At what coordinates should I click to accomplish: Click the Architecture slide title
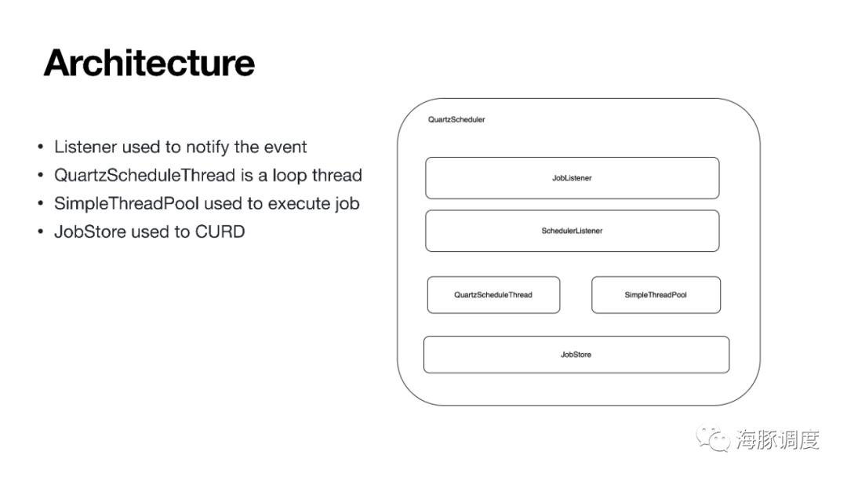pos(149,63)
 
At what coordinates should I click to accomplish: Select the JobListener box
pos(572,178)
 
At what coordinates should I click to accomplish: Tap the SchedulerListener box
pos(572,231)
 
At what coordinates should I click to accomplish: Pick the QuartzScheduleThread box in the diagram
pos(493,295)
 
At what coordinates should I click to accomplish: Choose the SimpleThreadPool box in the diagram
pos(656,295)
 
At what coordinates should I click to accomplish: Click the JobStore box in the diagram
pos(576,355)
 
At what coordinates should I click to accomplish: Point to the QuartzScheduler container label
pos(456,119)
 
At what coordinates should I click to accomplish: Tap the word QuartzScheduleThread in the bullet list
pos(145,176)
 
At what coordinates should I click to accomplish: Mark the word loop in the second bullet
pos(289,176)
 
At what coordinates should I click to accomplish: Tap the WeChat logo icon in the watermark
pos(712,438)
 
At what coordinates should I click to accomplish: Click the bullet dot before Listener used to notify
pos(41,147)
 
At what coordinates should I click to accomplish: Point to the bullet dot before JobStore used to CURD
pos(41,231)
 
